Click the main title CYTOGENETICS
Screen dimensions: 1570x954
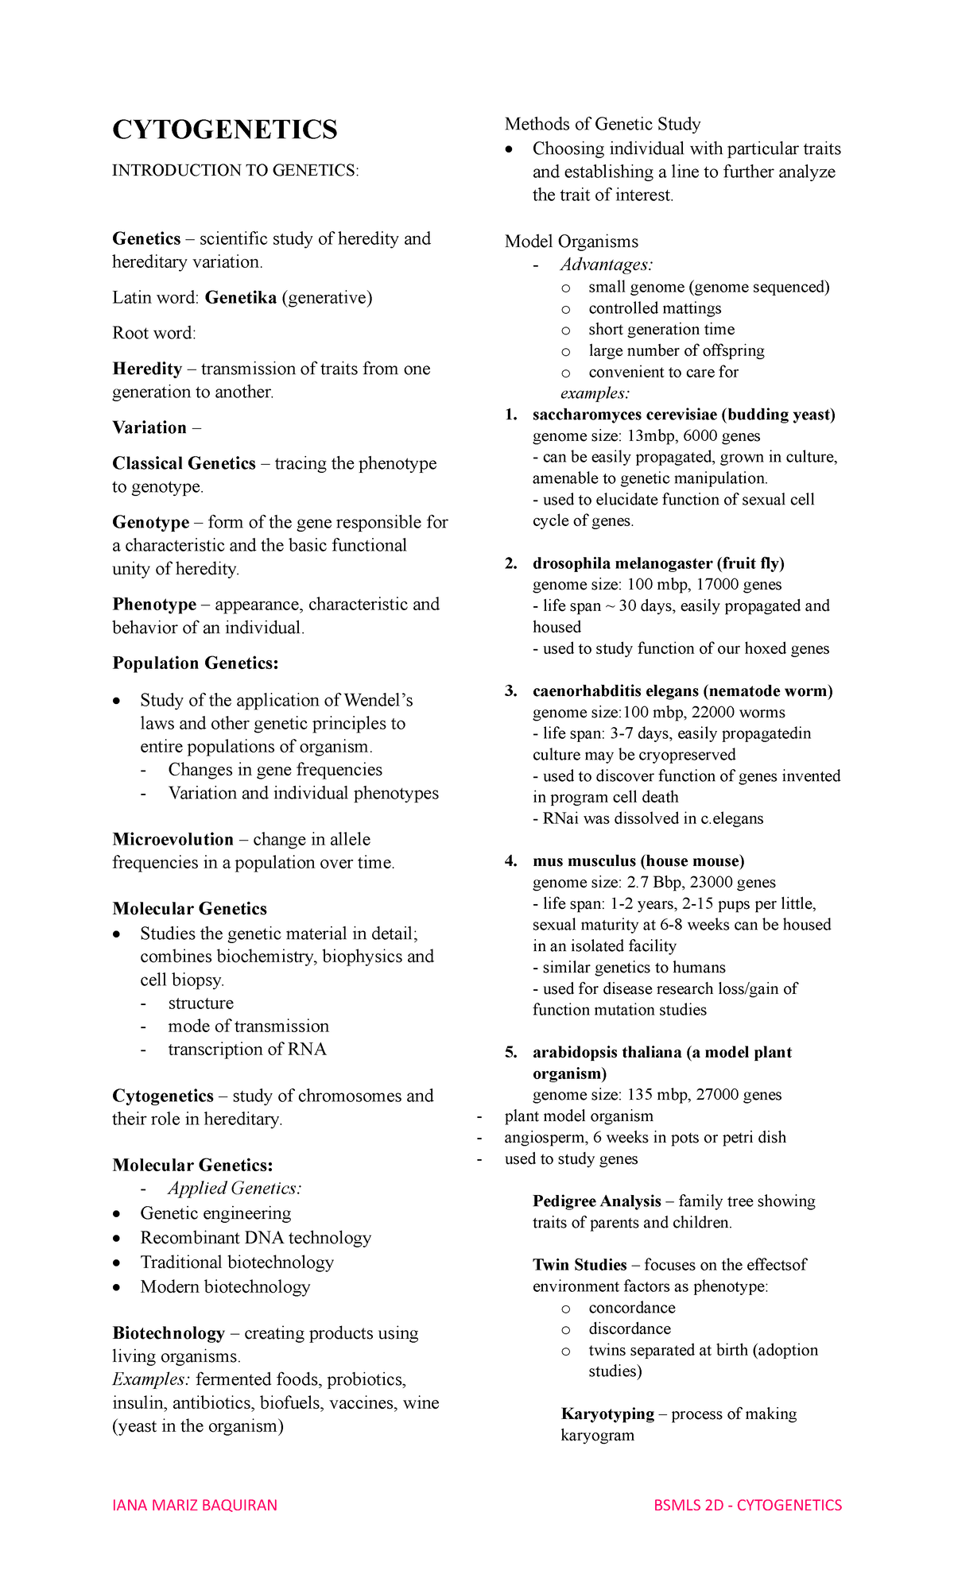click(x=225, y=130)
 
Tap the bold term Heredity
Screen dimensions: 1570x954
click(x=147, y=369)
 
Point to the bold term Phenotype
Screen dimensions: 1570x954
click(x=154, y=605)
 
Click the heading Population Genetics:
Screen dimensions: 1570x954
click(x=195, y=663)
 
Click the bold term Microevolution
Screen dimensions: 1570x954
click(x=173, y=840)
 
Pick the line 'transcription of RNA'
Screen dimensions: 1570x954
click(x=246, y=1050)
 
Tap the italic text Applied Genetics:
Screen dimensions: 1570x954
click(x=235, y=1189)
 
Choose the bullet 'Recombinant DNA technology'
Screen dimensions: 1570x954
click(x=255, y=1238)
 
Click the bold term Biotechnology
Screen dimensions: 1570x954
click(x=169, y=1333)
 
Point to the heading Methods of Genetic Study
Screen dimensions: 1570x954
click(x=602, y=124)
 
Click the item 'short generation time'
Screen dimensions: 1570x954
click(x=661, y=330)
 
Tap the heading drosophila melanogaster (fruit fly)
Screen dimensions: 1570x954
click(x=657, y=563)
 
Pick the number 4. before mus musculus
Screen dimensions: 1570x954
click(x=510, y=861)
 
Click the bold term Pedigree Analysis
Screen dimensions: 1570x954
click(x=596, y=1201)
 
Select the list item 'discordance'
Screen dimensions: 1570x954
click(x=629, y=1328)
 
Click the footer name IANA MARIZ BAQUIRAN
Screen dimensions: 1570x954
click(x=195, y=1505)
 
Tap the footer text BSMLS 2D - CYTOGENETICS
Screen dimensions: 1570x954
click(x=747, y=1505)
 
